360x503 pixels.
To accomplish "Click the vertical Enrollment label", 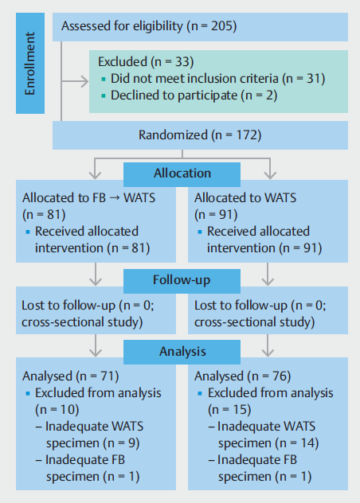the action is pos(29,63).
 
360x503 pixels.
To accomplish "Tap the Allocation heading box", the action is pos(182,174).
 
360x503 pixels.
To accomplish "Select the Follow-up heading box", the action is pos(182,281).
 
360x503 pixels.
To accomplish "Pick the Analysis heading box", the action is pos(182,352).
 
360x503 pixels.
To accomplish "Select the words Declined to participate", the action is pos(174,96).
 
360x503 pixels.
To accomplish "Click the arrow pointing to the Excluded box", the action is pos(75,81).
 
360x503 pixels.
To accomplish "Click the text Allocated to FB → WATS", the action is pos(88,198).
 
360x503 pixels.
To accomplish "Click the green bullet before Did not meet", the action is pos(104,79).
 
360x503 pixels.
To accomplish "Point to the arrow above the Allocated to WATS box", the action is pos(270,169).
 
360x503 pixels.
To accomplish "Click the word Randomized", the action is pos(173,135).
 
